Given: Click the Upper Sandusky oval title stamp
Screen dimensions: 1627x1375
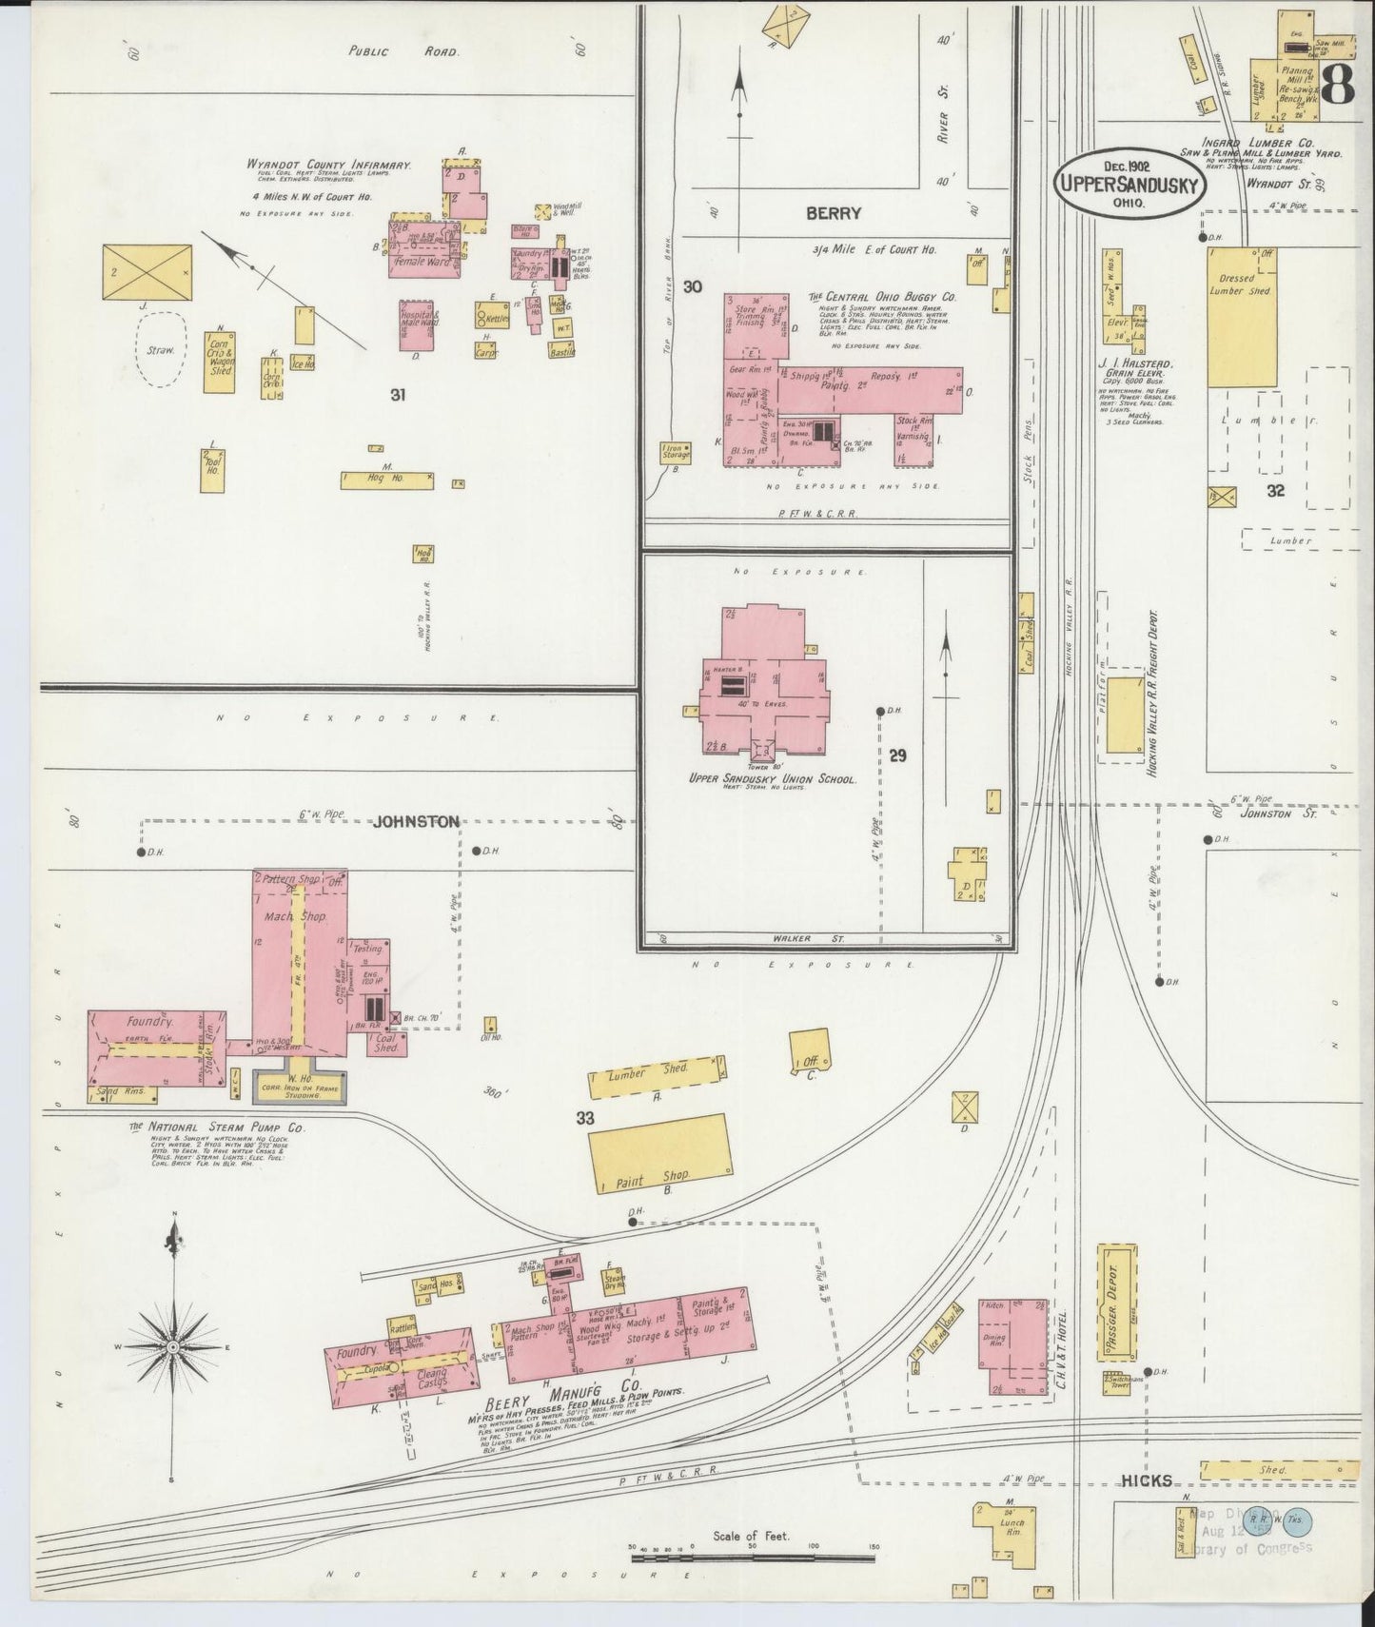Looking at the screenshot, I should pyautogui.click(x=1129, y=184).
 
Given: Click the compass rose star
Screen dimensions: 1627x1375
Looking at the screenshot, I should pyautogui.click(x=172, y=1347).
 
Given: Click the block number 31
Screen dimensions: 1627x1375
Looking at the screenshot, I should pyautogui.click(x=397, y=394).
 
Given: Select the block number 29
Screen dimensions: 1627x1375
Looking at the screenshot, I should pyautogui.click(x=897, y=755).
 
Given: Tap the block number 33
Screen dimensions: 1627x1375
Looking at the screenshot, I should pyautogui.click(x=584, y=1119).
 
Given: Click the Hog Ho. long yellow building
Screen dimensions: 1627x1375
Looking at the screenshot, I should pyautogui.click(x=386, y=480).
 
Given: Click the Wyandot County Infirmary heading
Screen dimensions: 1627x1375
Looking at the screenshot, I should pyautogui.click(x=328, y=165).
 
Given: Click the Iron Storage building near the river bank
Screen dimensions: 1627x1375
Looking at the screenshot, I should pyautogui.click(x=677, y=454).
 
